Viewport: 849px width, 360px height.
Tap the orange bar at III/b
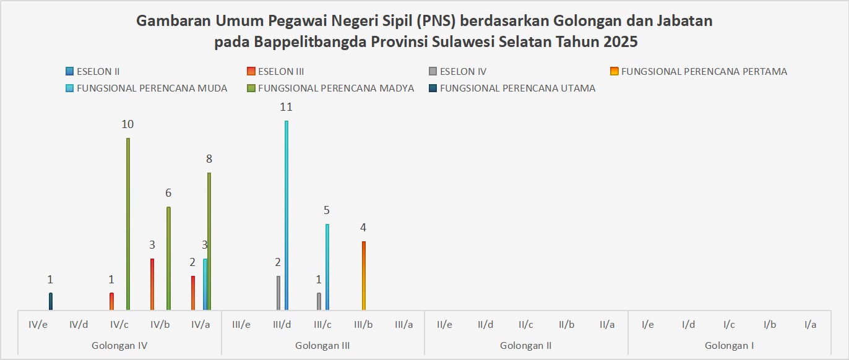(364, 275)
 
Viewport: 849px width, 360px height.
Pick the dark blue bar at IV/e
(51, 301)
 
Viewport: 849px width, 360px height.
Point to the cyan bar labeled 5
(327, 267)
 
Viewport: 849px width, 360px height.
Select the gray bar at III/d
(278, 293)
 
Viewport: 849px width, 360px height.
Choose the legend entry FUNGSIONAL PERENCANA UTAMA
(517, 88)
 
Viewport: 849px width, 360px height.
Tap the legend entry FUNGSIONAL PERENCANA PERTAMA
(704, 72)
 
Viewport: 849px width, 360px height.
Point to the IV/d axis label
(79, 324)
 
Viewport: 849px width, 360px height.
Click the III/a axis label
(404, 324)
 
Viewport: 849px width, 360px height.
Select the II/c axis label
(526, 324)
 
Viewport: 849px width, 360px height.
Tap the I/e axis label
(648, 324)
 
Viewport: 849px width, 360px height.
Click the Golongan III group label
(322, 345)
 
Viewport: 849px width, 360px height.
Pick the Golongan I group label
(729, 345)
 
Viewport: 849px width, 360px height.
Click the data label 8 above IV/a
(209, 159)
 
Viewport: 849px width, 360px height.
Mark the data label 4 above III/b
(364, 228)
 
